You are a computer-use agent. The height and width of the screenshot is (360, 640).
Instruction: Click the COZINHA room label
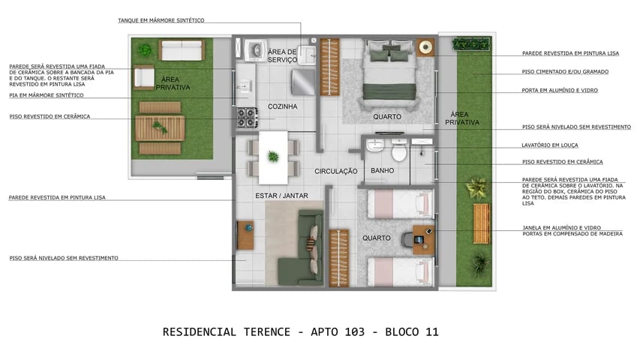(282, 106)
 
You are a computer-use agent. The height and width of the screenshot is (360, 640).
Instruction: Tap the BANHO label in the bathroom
(383, 171)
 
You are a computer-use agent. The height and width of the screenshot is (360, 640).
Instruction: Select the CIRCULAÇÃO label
(335, 172)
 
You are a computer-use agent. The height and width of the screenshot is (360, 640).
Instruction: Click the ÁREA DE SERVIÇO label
(282, 55)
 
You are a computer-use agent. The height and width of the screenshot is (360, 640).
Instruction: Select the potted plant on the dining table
(273, 156)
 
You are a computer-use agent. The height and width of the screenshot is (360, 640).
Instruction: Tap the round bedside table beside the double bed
(426, 46)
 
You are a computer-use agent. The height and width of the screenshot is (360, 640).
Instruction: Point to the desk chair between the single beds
(408, 239)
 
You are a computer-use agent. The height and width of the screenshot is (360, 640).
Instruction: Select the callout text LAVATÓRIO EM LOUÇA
(549, 145)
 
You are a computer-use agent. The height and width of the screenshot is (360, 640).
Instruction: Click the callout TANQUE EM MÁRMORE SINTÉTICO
(161, 20)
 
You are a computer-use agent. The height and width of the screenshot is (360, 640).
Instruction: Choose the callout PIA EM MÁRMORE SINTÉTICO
(47, 95)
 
